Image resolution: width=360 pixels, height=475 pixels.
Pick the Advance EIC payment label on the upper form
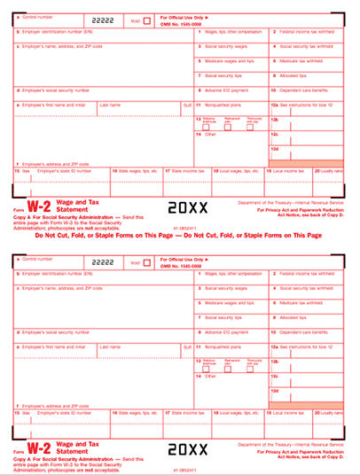(x=227, y=90)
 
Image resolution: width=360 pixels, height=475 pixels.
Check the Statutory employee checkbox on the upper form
(x=206, y=127)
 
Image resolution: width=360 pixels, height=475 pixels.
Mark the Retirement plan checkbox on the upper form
(x=229, y=127)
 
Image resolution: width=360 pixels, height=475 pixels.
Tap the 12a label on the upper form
(x=275, y=104)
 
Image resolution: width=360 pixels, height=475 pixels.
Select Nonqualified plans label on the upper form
(x=223, y=104)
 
